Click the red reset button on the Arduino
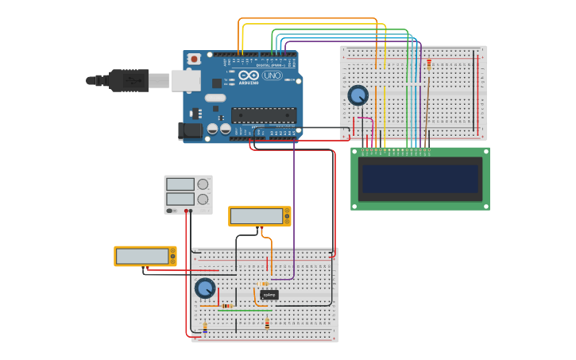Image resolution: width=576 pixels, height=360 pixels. [x=194, y=59]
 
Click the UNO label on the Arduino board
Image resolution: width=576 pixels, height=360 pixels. [x=272, y=76]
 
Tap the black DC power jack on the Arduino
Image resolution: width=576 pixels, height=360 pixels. [x=191, y=130]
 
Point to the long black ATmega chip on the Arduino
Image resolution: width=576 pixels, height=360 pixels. [x=264, y=114]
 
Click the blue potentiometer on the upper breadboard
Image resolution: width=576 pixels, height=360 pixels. [x=358, y=95]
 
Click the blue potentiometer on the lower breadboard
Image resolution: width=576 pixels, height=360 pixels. [x=205, y=288]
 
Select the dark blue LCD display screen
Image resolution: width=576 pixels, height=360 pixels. [x=420, y=179]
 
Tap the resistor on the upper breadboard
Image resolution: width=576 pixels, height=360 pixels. [x=429, y=64]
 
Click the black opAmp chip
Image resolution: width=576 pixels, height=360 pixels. [x=269, y=295]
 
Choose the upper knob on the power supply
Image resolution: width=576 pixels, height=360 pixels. [x=203, y=184]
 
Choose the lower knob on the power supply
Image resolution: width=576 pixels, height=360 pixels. [x=203, y=199]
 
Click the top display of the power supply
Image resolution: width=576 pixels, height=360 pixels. [x=180, y=184]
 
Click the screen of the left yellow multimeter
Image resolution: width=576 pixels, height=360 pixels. [x=142, y=256]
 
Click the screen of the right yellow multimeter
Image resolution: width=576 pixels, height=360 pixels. [x=257, y=216]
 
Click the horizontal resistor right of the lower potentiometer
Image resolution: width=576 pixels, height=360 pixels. [x=227, y=306]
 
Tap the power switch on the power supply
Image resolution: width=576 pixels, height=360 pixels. [x=171, y=211]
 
